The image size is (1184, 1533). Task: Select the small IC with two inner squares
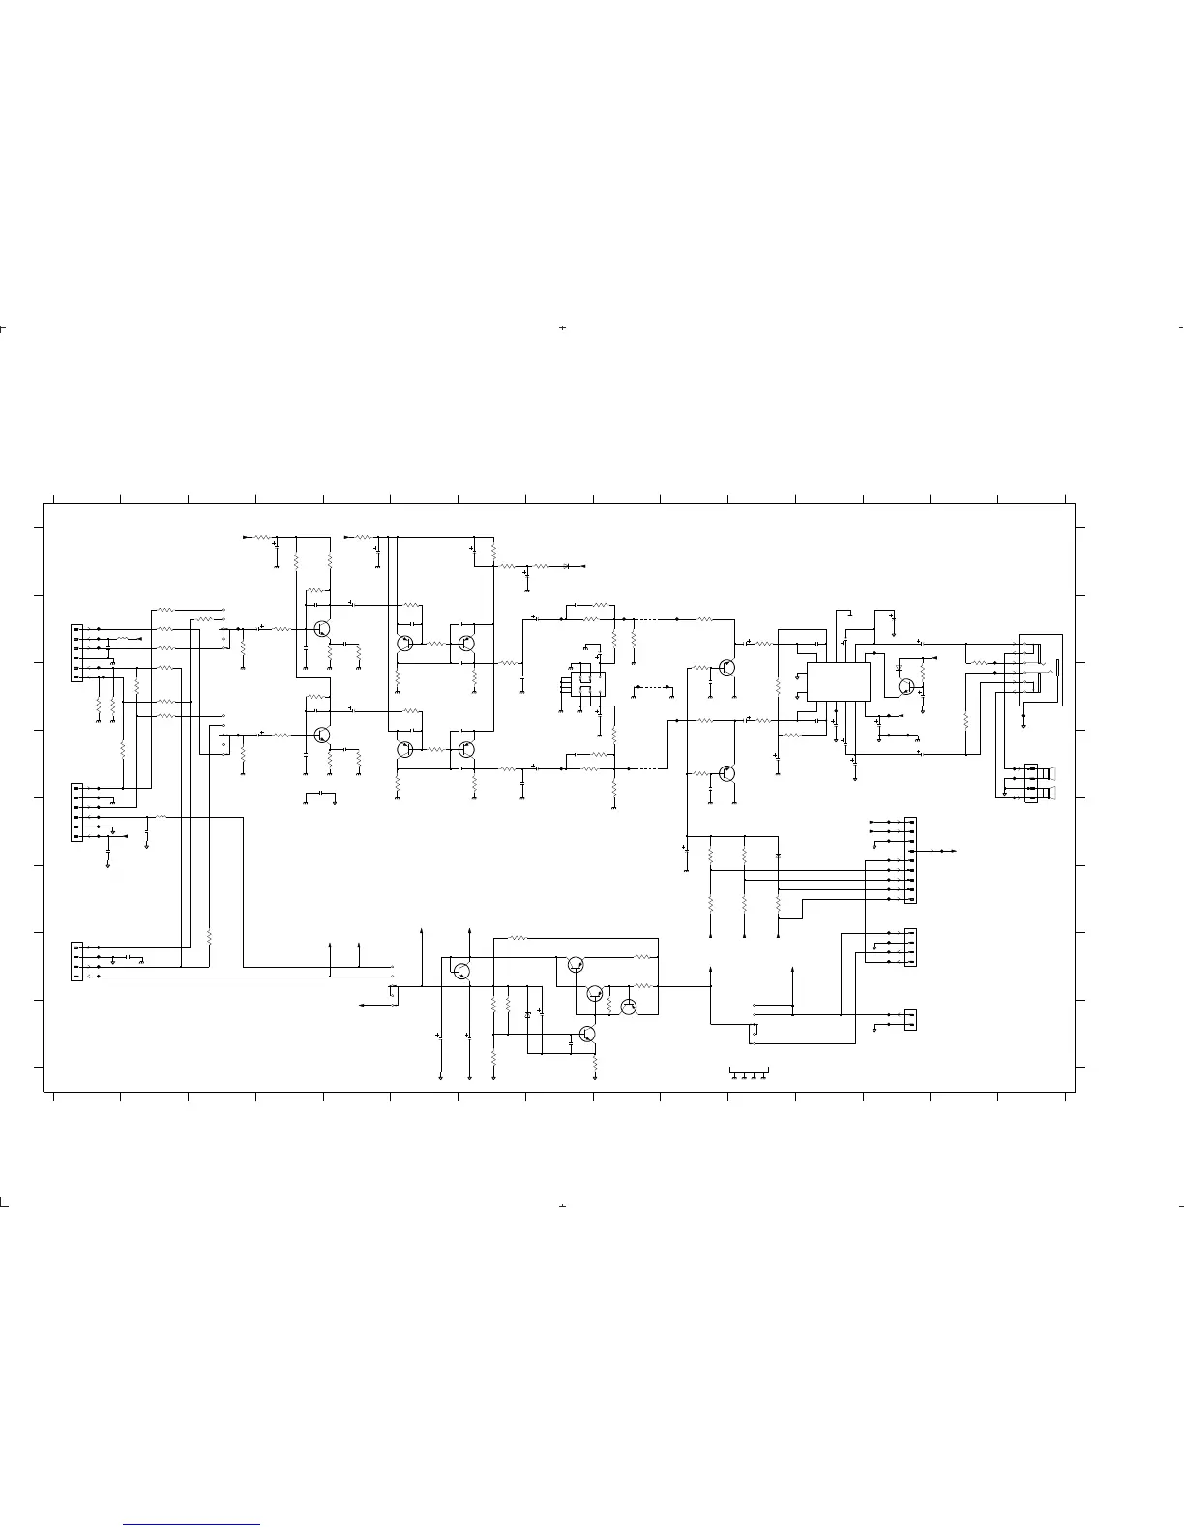[585, 681]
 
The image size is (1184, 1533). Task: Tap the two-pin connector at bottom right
[910, 1020]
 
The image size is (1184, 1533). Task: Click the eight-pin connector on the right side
[910, 860]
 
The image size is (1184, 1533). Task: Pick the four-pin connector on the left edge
[77, 961]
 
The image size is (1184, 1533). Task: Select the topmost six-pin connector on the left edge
[77, 653]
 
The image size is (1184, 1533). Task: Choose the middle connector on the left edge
[77, 812]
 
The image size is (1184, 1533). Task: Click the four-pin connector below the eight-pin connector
[910, 947]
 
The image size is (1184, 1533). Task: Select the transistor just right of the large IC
[906, 686]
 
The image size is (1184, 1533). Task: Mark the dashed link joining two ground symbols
[652, 687]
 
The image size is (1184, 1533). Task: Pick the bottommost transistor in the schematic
[587, 1034]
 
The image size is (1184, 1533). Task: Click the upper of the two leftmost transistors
[321, 629]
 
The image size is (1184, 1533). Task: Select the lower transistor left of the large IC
[726, 773]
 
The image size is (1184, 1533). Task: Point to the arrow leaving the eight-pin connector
[942, 851]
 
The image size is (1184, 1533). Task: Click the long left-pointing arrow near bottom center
[372, 1006]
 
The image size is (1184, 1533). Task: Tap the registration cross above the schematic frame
[562, 328]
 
